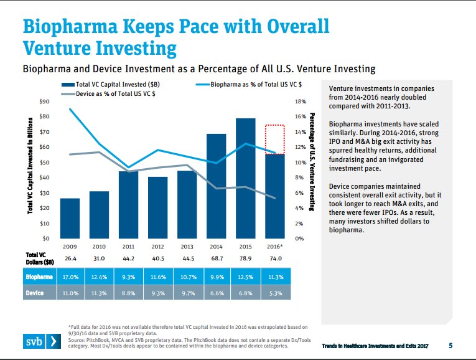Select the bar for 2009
(70, 218)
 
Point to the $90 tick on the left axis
(44, 101)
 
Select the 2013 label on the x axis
(187, 247)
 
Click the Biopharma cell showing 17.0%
(70, 276)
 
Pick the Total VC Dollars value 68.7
(216, 258)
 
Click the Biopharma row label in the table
(39, 276)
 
